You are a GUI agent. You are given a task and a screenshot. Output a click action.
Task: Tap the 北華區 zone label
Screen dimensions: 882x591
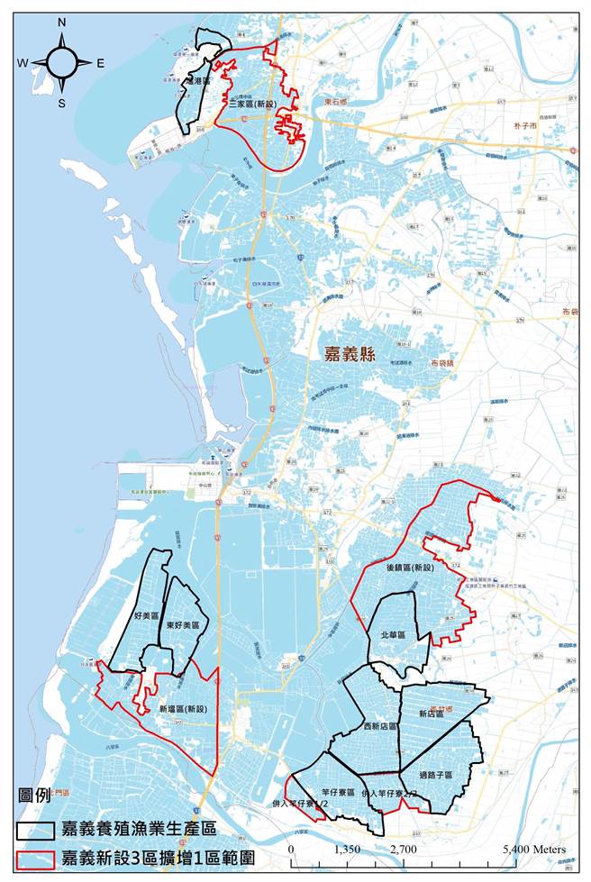[391, 635]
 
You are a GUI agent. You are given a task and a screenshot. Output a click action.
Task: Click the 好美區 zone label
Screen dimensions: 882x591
[146, 616]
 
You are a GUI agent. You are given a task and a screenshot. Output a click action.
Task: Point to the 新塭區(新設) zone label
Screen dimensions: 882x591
[183, 709]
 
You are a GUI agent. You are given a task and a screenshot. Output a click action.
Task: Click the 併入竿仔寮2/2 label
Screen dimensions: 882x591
[390, 794]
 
